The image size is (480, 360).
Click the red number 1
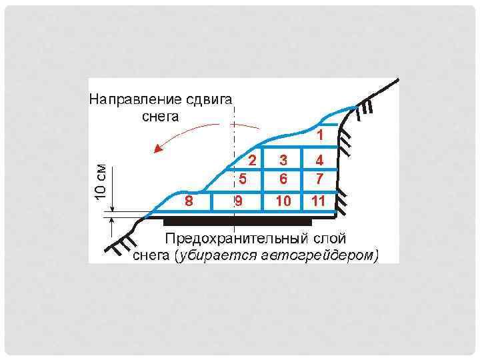click(320, 135)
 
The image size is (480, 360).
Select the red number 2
click(251, 160)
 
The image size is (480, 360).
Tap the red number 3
click(284, 160)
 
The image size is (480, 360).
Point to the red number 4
click(320, 160)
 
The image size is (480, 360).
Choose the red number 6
click(284, 179)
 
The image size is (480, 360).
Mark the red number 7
click(320, 179)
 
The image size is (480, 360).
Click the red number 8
click(189, 201)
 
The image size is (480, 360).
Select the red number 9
click(238, 201)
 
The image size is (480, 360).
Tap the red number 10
click(284, 201)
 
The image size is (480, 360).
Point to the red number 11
click(318, 201)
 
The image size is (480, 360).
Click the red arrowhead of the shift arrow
click(159, 149)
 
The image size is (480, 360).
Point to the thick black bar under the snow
click(237, 221)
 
